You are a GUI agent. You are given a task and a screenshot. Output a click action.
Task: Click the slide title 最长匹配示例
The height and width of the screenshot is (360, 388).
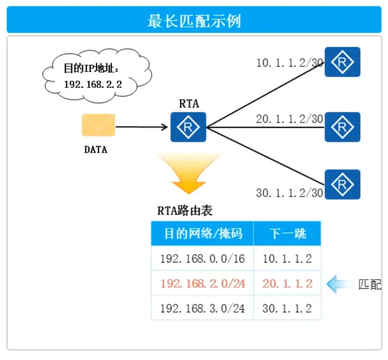(x=194, y=21)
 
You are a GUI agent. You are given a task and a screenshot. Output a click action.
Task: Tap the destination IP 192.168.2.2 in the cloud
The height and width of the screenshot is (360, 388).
(x=93, y=84)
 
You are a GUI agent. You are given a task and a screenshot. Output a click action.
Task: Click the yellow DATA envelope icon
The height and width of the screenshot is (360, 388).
(x=98, y=125)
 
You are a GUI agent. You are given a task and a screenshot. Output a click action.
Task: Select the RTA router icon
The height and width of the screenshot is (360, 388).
(x=188, y=127)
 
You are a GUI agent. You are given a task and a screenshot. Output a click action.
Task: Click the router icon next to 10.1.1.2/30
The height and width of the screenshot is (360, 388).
(x=342, y=62)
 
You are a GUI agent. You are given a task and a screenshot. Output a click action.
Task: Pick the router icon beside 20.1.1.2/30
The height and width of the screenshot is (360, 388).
(x=342, y=127)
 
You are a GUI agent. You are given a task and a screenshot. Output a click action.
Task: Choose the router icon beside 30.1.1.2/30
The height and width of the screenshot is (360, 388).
(x=342, y=184)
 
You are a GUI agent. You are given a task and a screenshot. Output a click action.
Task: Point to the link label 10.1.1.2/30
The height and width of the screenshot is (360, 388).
(x=289, y=63)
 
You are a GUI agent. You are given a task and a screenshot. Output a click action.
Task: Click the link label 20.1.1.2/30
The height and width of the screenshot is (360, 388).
(x=289, y=119)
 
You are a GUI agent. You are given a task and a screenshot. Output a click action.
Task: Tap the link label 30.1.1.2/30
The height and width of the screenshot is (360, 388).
(x=289, y=193)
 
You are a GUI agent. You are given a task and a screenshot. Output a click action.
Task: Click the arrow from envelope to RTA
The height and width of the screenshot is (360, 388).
(x=141, y=127)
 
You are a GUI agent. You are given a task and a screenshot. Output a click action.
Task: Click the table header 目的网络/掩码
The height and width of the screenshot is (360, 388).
(x=203, y=234)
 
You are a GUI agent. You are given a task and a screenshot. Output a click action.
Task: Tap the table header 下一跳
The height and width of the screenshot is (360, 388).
(x=287, y=234)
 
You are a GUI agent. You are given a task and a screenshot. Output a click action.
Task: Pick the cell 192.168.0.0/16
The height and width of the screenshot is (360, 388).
(x=202, y=259)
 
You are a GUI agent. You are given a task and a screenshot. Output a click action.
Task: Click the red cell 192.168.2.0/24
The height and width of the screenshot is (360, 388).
(x=202, y=283)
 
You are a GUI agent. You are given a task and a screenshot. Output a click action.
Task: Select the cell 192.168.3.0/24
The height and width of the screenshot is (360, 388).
(x=202, y=308)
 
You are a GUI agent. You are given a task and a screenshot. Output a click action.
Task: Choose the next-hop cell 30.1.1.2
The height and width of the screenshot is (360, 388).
(x=287, y=308)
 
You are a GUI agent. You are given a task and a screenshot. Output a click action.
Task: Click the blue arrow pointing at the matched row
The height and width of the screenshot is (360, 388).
(x=339, y=284)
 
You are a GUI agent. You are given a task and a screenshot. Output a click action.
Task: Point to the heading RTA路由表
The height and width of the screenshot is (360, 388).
(x=185, y=211)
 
